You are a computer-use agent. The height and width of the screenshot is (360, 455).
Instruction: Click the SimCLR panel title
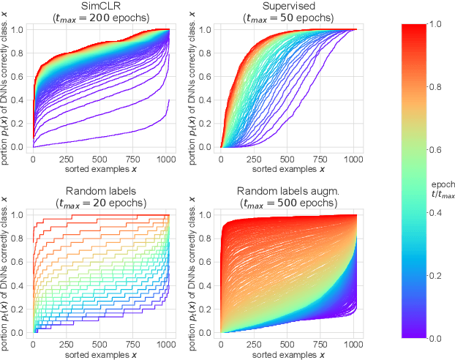pyautogui.click(x=99, y=6)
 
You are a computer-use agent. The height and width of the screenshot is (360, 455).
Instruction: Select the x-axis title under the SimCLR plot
pyautogui.click(x=99, y=168)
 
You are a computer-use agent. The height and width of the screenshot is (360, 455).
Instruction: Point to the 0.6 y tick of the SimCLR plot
pyautogui.click(x=15, y=76)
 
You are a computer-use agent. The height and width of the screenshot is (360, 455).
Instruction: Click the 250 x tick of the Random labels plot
pyautogui.click(x=66, y=344)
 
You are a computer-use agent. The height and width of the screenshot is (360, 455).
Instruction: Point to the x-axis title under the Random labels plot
pyautogui.click(x=99, y=354)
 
